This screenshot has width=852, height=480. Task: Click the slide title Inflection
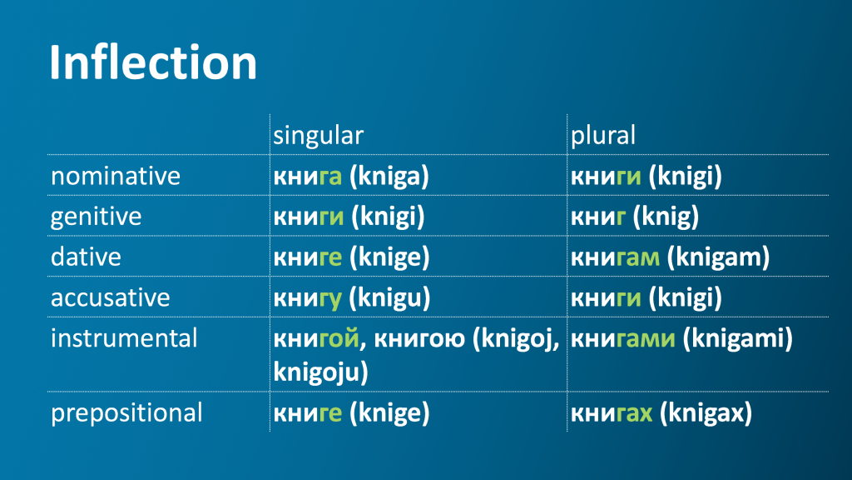[153, 62]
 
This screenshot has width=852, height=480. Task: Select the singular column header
[318, 136]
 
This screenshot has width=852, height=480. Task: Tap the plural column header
[602, 136]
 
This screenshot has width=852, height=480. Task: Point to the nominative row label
[115, 176]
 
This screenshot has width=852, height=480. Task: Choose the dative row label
[86, 257]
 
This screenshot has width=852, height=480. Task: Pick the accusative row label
[111, 297]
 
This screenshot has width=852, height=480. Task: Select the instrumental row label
[124, 338]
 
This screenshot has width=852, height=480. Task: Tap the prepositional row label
[126, 413]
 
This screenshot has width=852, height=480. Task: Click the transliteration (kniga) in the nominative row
[389, 177]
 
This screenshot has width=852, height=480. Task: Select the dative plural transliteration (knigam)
[718, 257]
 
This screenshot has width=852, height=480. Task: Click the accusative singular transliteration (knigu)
[389, 298]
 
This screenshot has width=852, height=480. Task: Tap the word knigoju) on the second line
[320, 372]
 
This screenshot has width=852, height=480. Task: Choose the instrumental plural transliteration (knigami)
[737, 338]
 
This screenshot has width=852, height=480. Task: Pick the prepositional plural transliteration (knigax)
[706, 413]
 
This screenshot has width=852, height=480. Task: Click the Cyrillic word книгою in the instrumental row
[419, 339]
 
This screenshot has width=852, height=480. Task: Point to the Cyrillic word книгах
[612, 413]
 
